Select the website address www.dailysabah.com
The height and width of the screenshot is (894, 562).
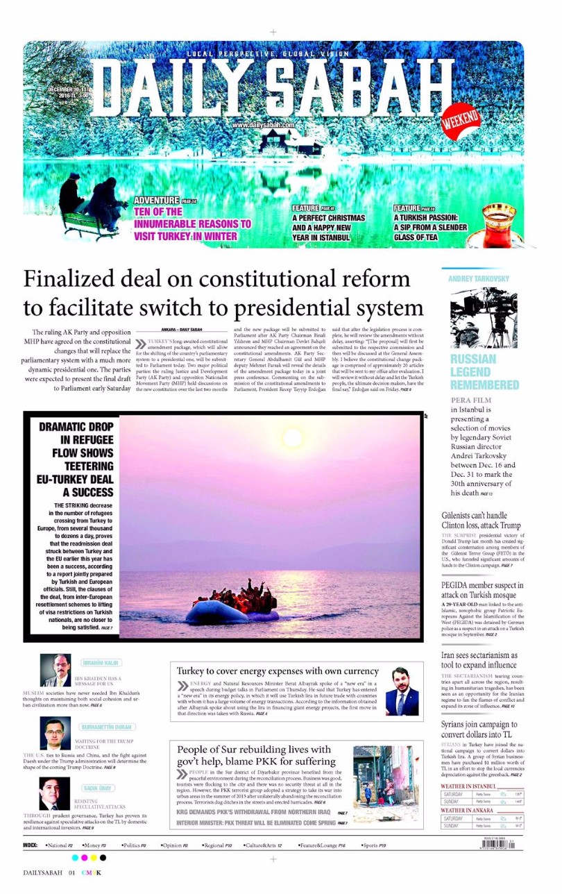click(264, 125)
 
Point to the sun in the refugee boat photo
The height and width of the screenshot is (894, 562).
click(293, 438)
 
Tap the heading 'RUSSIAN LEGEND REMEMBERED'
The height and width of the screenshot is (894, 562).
click(484, 371)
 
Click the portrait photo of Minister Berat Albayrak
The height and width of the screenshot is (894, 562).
click(402, 691)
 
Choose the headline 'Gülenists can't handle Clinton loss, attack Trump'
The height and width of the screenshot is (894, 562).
click(481, 521)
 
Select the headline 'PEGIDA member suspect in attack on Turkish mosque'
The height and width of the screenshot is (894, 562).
click(482, 591)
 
